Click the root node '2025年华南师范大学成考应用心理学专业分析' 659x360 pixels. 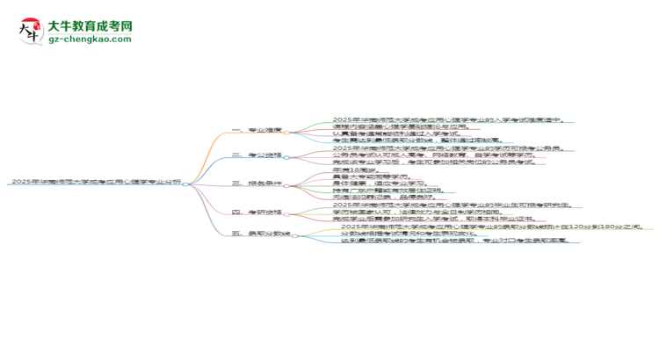[x=95, y=182]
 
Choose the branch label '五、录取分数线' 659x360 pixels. [x=260, y=234]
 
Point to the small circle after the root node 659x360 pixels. [x=185, y=183]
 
